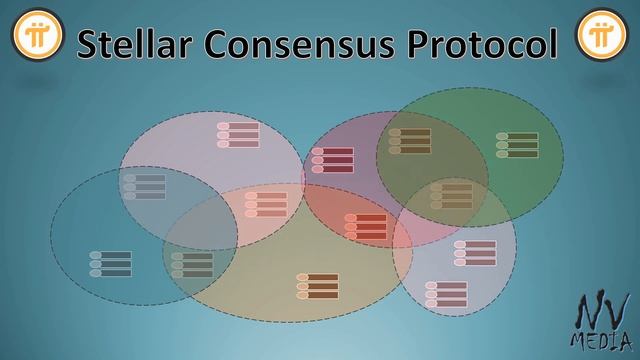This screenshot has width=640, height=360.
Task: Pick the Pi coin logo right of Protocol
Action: pyautogui.click(x=600, y=37)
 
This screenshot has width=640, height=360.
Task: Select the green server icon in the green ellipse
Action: pyautogui.click(x=516, y=145)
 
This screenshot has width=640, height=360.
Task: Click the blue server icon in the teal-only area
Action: pyautogui.click(x=110, y=264)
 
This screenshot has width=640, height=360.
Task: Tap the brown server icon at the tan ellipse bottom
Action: pyautogui.click(x=317, y=287)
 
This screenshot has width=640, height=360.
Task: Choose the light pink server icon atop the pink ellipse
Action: pyautogui.click(x=238, y=135)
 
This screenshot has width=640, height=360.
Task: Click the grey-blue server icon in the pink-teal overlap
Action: pyautogui.click(x=144, y=187)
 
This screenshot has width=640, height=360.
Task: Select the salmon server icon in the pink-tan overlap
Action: pyautogui.click(x=266, y=205)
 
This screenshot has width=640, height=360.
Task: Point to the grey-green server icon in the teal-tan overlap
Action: pyautogui.click(x=191, y=265)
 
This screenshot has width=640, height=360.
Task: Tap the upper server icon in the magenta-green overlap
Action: pyautogui.click(x=410, y=141)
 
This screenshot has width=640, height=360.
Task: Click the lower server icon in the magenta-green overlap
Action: pyautogui.click(x=451, y=195)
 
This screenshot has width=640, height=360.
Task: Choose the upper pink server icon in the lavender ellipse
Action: pyautogui.click(x=475, y=253)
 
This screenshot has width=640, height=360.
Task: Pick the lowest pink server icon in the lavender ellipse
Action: pyautogui.click(x=445, y=294)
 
